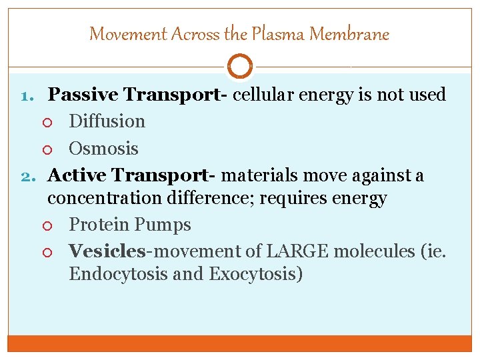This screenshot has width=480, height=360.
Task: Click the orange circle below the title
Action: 239,66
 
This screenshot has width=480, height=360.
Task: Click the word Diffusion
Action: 107,121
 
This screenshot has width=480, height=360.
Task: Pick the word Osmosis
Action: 103,148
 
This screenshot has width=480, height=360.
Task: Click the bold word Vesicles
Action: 107,251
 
